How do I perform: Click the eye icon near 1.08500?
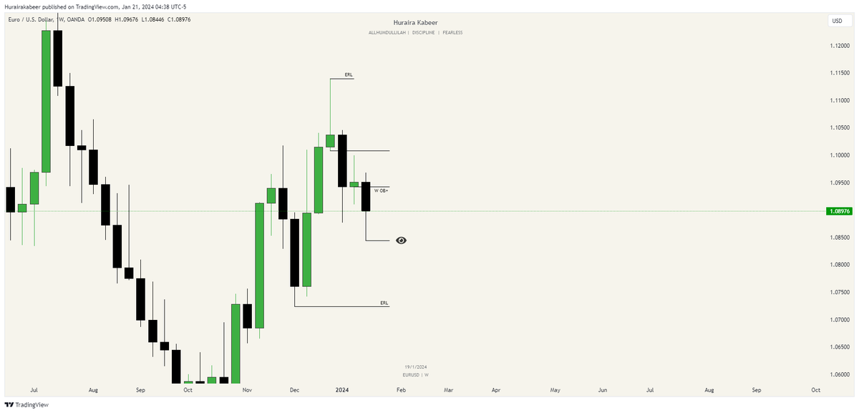(x=401, y=240)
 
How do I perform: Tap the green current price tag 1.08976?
(x=837, y=211)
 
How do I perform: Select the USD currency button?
(x=836, y=21)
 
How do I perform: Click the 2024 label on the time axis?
(x=342, y=390)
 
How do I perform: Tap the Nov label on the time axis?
(x=247, y=390)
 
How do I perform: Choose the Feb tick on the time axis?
(x=401, y=390)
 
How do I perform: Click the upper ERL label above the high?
(x=348, y=74)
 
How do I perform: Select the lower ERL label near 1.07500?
(x=384, y=303)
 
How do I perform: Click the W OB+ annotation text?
(x=381, y=191)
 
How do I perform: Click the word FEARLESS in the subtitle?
(x=452, y=33)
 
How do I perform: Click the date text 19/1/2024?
(x=415, y=366)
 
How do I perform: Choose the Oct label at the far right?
(x=815, y=390)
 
